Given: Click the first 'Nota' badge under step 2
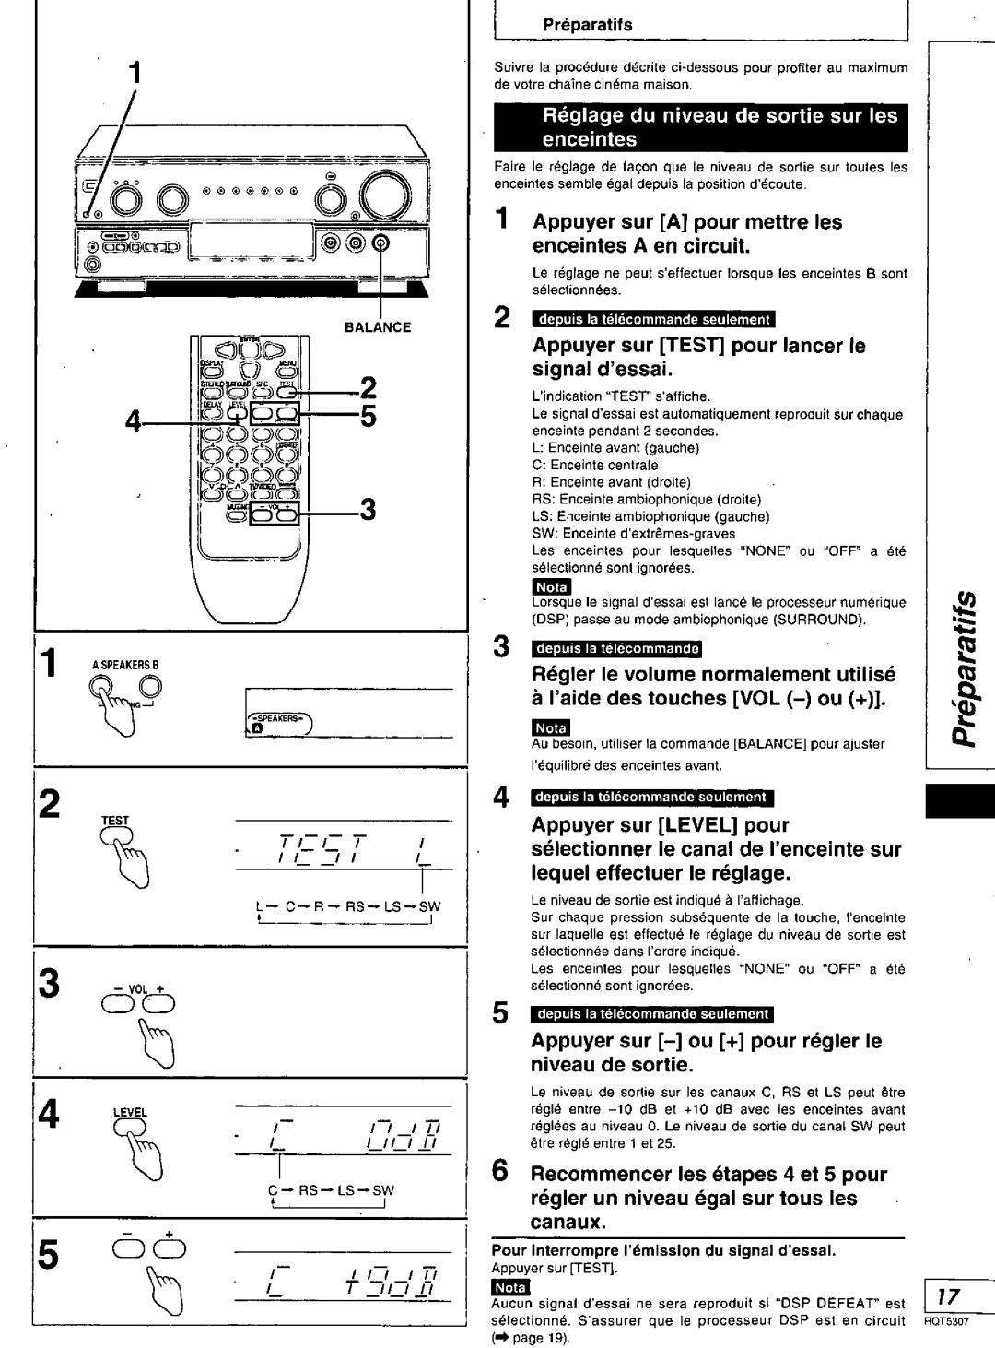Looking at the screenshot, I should click(x=553, y=587).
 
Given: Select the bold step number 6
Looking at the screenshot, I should click(x=501, y=1172).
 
